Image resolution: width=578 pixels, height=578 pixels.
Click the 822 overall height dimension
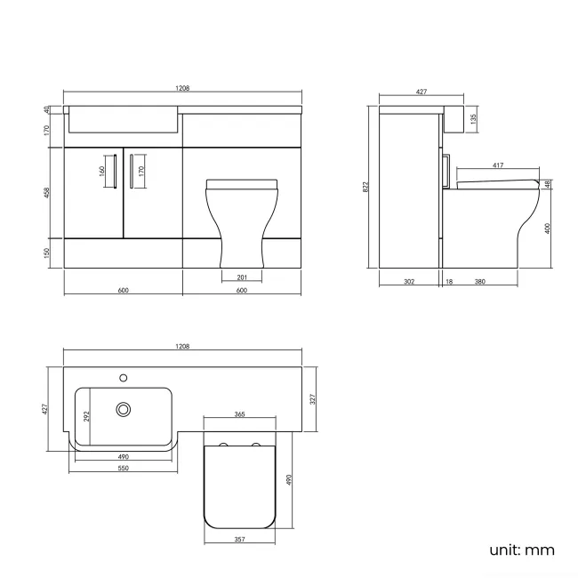365,187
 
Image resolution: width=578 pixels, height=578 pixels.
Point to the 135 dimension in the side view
474,117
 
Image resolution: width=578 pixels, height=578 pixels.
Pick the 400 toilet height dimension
548,228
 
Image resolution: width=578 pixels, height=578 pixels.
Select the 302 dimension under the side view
408,281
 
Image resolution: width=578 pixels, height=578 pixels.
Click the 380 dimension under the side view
479,281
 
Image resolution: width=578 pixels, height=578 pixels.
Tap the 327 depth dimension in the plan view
313,400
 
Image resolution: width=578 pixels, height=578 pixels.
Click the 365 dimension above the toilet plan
239,414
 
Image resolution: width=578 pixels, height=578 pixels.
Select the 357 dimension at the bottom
240,538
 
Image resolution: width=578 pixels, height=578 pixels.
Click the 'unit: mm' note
521,550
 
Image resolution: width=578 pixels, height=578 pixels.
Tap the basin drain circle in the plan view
124,409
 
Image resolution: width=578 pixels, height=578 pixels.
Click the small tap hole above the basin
124,376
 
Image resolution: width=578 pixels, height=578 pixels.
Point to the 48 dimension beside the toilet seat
547,184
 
